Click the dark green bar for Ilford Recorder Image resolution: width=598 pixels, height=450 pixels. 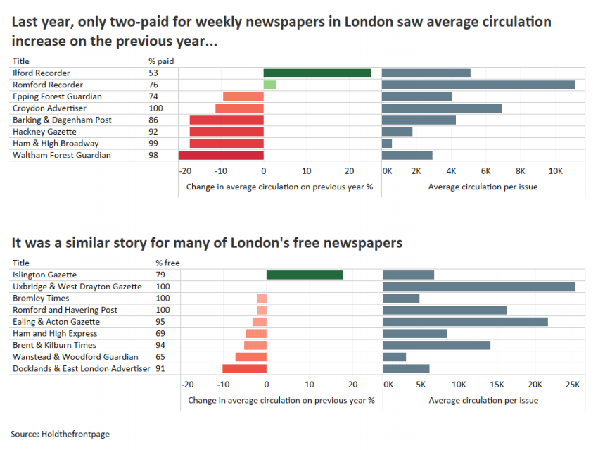(317, 73)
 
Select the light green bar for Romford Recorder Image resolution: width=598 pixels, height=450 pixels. (270, 85)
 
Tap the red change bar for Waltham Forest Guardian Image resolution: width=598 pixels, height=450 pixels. (221, 156)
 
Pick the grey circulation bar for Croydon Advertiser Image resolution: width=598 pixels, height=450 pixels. (442, 108)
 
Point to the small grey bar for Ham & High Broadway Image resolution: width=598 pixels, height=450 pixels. (387, 144)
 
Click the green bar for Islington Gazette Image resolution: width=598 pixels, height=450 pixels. (305, 275)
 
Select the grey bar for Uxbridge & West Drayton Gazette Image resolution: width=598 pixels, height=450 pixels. (479, 287)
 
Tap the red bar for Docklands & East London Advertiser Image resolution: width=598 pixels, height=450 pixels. (244, 369)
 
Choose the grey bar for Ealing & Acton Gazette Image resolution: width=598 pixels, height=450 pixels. (466, 322)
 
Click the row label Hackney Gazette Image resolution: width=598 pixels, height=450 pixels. (44, 132)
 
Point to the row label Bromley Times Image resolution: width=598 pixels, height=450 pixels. (41, 298)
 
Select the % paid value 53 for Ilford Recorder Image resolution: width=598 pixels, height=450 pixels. (153, 73)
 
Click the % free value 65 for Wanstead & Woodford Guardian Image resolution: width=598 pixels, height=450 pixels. (160, 357)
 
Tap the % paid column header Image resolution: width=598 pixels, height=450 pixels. (161, 61)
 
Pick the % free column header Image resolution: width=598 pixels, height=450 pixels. (168, 263)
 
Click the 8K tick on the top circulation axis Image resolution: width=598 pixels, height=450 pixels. (521, 171)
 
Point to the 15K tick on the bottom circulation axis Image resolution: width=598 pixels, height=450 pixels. (497, 385)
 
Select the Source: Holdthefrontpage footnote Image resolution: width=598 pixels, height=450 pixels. (61, 434)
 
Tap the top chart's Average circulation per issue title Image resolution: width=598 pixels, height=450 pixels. (483, 187)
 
